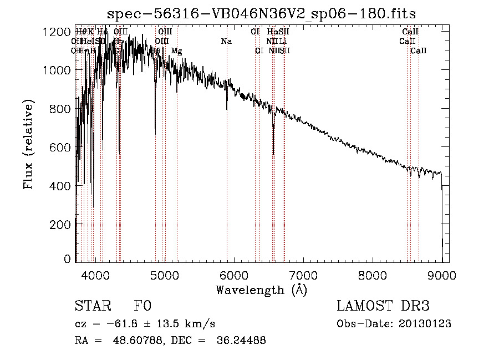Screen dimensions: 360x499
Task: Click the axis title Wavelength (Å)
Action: tap(261, 290)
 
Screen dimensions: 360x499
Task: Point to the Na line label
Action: tap(226, 41)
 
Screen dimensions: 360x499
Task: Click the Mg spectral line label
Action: tap(176, 51)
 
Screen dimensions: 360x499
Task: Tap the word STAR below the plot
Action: tap(92, 306)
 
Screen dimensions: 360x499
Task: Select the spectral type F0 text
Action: tap(142, 306)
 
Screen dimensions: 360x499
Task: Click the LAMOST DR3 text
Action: tap(383, 306)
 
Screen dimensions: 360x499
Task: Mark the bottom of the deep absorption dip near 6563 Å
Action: tap(273, 155)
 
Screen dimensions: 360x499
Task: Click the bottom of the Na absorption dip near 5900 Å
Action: tap(226, 110)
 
